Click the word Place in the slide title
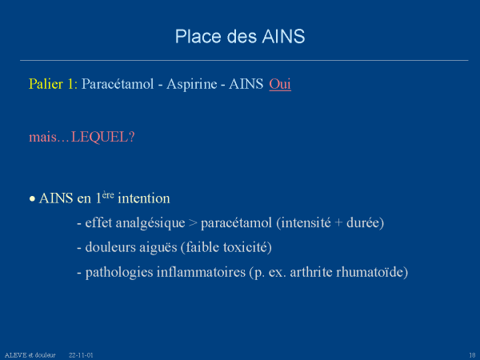pos(198,37)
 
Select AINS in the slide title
pos(283,37)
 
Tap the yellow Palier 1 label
pos(53,84)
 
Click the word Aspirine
pos(192,84)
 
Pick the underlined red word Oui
pos(280,84)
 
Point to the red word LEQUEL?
pos(103,137)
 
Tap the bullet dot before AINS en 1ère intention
pos(32,199)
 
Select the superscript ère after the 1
pos(108,195)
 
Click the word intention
pos(144,198)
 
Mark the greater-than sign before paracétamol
pos(193,223)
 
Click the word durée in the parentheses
pos(363,222)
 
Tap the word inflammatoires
pos(201,272)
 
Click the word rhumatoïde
pos(370,272)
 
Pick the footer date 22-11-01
pos(81,355)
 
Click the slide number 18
pos(472,355)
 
